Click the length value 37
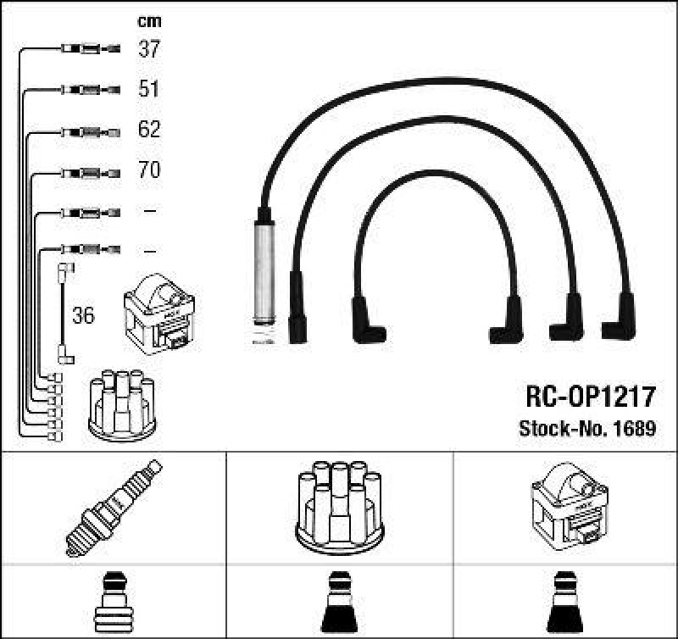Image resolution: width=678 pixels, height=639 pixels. point(149,49)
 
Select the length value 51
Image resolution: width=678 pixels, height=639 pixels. point(149,89)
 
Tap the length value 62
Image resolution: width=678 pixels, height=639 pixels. point(149,130)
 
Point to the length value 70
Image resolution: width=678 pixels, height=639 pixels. point(149,170)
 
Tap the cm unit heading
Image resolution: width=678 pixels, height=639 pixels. point(149,21)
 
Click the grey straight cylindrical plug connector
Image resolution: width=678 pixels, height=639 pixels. point(262,271)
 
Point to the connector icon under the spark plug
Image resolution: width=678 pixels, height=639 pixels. point(114,603)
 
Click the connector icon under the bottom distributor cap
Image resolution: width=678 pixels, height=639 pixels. point(339,603)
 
